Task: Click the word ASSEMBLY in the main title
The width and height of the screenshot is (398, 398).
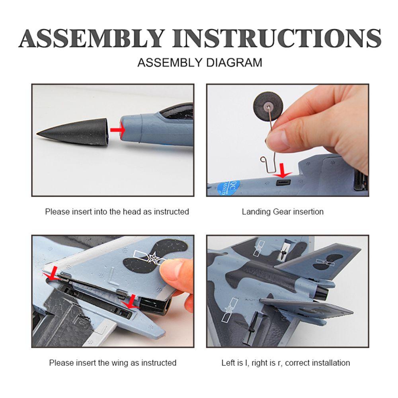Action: coord(92,38)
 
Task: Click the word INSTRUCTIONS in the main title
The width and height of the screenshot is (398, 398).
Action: coord(277,38)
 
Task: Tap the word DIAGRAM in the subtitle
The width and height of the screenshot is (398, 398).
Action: coord(234,63)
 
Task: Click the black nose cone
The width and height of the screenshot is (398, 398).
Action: coord(72,132)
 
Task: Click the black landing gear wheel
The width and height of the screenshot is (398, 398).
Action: coord(268,107)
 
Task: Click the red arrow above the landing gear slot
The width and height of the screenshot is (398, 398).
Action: coord(282,171)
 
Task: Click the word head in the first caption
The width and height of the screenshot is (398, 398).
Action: coord(132,211)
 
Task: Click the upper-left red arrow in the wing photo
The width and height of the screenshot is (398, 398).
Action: coord(52,274)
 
